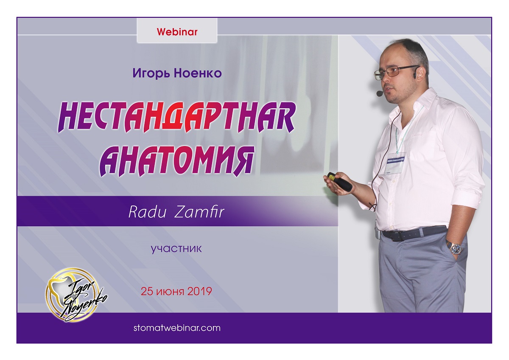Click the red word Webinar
pos(177,32)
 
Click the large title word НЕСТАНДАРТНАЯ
pos(176,117)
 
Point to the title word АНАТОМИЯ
pos(176,160)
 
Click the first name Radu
pos(148,212)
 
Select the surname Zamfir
pos(199,212)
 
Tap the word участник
pos(176,249)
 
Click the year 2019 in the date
pos(200,291)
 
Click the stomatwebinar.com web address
pos(177,328)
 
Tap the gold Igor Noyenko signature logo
pos(76,295)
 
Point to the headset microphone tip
pos(379,93)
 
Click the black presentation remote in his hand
pos(339,181)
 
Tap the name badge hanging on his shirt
pos(395,163)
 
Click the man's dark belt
pos(414,232)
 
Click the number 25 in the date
pos(146,291)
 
